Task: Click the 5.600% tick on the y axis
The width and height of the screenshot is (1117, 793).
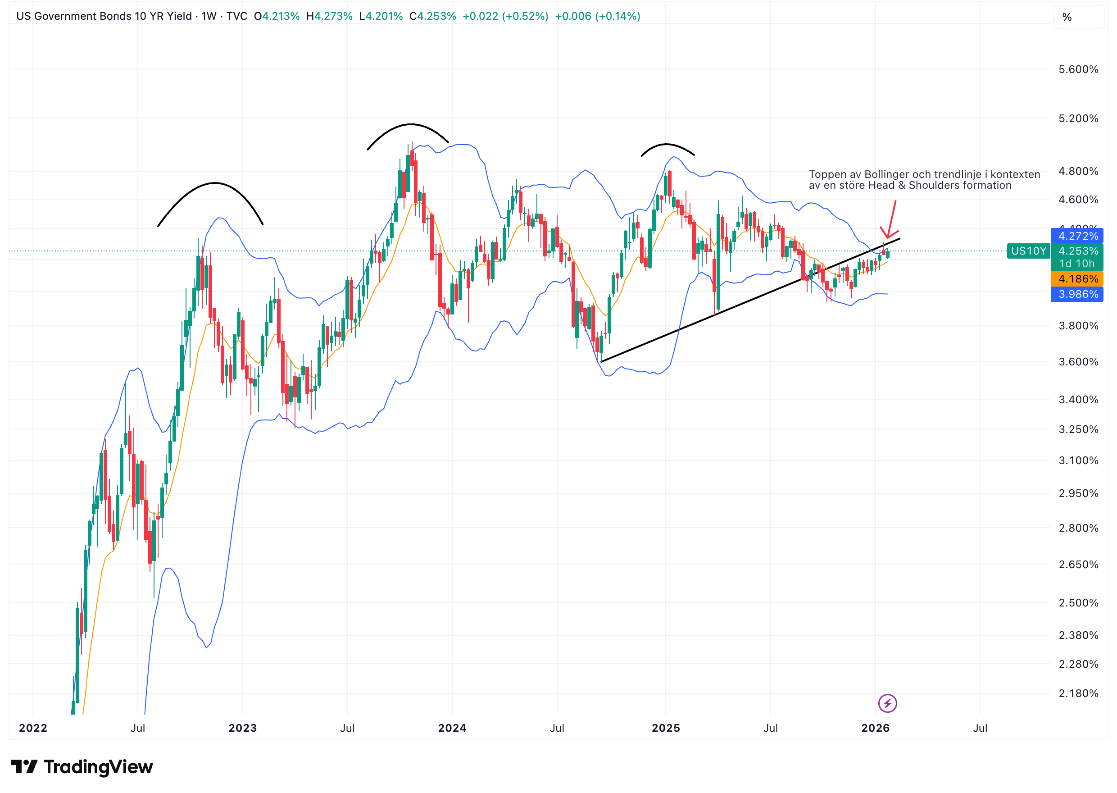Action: click(x=1077, y=69)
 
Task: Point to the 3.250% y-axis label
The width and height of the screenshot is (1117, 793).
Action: click(x=1077, y=429)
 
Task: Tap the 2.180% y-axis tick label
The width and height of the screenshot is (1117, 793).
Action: click(x=1077, y=693)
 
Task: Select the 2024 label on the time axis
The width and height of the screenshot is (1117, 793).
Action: click(x=452, y=728)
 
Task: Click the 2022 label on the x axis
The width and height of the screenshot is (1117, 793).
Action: click(x=33, y=728)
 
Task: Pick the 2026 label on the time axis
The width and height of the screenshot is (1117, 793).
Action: click(x=875, y=728)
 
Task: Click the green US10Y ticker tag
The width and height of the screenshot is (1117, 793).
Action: click(x=1028, y=251)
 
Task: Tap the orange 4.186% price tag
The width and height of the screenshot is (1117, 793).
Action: click(x=1077, y=279)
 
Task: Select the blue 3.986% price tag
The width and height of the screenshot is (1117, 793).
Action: click(x=1077, y=294)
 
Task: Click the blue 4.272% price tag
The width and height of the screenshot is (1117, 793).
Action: click(x=1077, y=236)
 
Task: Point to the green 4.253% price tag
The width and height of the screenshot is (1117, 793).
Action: click(x=1077, y=251)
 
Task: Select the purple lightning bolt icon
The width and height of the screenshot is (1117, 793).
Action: click(x=887, y=703)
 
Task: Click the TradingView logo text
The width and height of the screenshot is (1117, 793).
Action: click(x=98, y=767)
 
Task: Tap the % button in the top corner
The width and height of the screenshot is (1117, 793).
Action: click(x=1067, y=18)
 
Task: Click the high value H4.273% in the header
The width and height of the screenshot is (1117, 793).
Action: click(x=329, y=16)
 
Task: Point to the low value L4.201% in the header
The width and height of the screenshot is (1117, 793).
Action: click(x=381, y=16)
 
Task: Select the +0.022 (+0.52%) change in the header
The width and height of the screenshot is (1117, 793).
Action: click(x=505, y=16)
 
